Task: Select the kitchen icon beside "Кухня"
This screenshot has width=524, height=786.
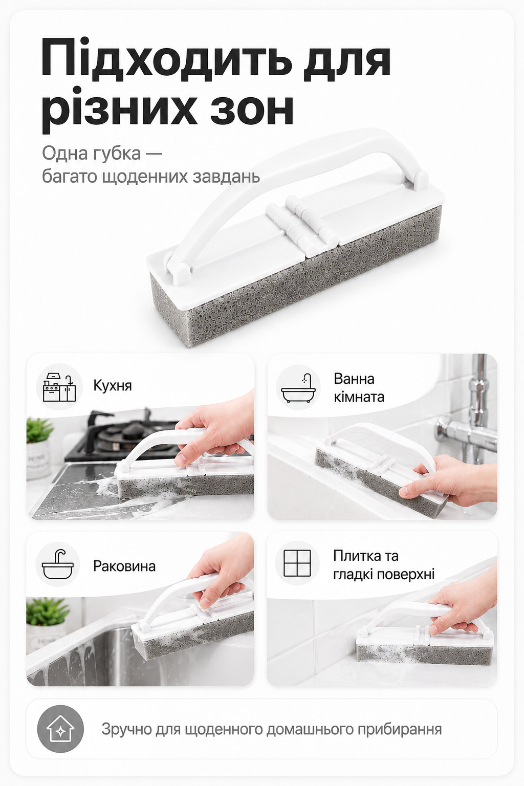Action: click(x=59, y=387)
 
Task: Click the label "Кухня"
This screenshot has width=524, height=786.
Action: click(x=112, y=386)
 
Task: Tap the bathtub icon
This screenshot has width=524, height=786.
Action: click(x=298, y=387)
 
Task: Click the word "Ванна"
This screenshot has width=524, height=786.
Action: click(x=354, y=379)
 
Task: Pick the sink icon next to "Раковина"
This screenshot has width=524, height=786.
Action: click(x=58, y=564)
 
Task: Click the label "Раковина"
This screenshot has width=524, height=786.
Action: click(x=124, y=566)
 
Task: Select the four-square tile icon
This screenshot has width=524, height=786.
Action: click(x=297, y=563)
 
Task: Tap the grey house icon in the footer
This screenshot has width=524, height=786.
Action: click(x=60, y=729)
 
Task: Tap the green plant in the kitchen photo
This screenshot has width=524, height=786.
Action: click(x=39, y=429)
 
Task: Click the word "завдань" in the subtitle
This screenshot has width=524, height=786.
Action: click(x=226, y=176)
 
